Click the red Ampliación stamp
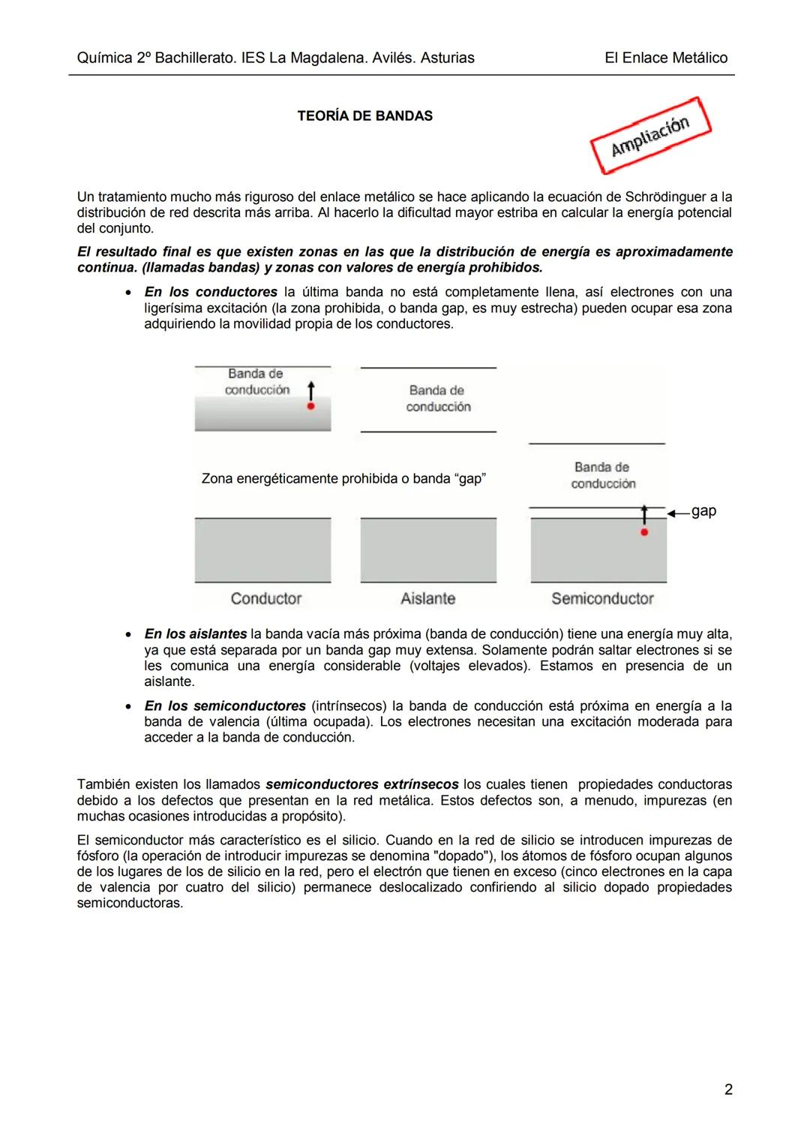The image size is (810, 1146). pyautogui.click(x=650, y=135)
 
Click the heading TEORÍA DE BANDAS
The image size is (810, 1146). pyautogui.click(x=364, y=116)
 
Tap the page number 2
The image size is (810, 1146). pyautogui.click(x=727, y=1089)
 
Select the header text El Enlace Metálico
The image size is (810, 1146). pyautogui.click(x=665, y=58)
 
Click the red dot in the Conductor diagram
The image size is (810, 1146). pyautogui.click(x=310, y=406)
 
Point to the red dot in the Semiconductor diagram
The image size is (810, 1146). pyautogui.click(x=644, y=532)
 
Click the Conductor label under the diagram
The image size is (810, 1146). pyautogui.click(x=265, y=599)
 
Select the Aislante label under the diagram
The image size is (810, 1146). pyautogui.click(x=427, y=599)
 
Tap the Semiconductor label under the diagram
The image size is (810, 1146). pyautogui.click(x=602, y=599)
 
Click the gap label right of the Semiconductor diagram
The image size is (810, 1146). pyautogui.click(x=703, y=511)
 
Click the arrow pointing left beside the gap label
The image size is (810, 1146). pyautogui.click(x=678, y=513)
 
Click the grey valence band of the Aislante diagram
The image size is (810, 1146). pyautogui.click(x=428, y=550)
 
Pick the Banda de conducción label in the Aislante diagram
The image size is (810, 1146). pyautogui.click(x=438, y=399)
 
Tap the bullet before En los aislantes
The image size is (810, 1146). pyautogui.click(x=130, y=635)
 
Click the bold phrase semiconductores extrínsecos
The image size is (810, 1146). pyautogui.click(x=362, y=784)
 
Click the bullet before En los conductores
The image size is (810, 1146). pyautogui.click(x=130, y=293)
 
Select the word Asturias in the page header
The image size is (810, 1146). pyautogui.click(x=447, y=58)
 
